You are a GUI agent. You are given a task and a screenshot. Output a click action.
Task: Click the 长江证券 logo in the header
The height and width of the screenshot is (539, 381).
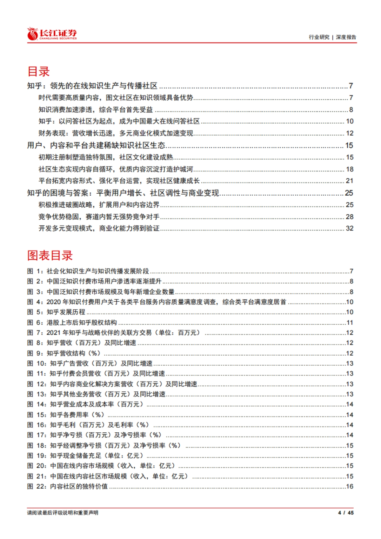pyautogui.click(x=52, y=34)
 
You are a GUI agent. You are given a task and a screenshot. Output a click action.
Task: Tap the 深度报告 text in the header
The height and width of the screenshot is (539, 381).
pyautogui.click(x=346, y=37)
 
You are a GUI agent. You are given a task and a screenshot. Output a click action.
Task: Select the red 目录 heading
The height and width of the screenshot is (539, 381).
pyautogui.click(x=39, y=71)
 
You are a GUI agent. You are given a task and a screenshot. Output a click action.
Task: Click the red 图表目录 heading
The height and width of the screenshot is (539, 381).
pyautogui.click(x=50, y=256)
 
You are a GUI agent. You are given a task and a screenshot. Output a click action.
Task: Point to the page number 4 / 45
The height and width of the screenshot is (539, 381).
pyautogui.click(x=346, y=513)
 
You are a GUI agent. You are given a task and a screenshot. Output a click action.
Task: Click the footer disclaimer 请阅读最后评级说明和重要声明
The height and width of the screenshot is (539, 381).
pyautogui.click(x=63, y=513)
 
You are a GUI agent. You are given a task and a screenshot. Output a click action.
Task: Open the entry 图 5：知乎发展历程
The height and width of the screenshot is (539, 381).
pyautogui.click(x=56, y=312)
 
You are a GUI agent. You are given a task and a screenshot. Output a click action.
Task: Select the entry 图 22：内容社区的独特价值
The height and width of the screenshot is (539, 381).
pyautogui.click(x=67, y=486)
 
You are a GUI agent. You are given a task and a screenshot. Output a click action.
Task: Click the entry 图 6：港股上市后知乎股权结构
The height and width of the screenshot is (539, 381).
pyautogui.click(x=72, y=323)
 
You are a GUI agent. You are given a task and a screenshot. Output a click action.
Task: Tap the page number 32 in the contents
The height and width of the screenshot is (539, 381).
pyautogui.click(x=350, y=228)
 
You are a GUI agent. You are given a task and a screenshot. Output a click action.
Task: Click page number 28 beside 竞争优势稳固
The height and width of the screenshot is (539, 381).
pyautogui.click(x=350, y=216)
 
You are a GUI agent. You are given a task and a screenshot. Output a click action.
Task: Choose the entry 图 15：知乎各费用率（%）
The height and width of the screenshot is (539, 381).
pyautogui.click(x=66, y=415)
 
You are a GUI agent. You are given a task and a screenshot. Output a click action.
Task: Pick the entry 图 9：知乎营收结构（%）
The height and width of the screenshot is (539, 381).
pyautogui.click(x=64, y=353)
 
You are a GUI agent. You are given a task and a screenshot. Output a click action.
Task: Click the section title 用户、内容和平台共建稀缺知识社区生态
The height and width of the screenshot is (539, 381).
pyautogui.click(x=96, y=145)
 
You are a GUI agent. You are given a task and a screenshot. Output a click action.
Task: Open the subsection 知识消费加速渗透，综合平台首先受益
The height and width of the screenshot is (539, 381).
pyautogui.click(x=96, y=110)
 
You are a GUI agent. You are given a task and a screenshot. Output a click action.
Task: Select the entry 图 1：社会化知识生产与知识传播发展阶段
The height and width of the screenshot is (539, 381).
pyautogui.click(x=88, y=271)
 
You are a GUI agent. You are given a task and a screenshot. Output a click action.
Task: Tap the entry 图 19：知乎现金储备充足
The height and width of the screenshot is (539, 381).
pyautogui.click(x=85, y=456)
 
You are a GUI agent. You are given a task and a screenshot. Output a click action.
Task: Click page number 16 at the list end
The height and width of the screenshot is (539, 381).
pyautogui.click(x=350, y=486)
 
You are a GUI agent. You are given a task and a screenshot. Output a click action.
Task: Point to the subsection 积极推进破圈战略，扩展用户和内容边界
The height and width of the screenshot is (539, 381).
pyautogui.click(x=99, y=205)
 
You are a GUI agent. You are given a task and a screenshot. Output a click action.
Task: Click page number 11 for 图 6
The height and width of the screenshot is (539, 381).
pyautogui.click(x=350, y=323)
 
